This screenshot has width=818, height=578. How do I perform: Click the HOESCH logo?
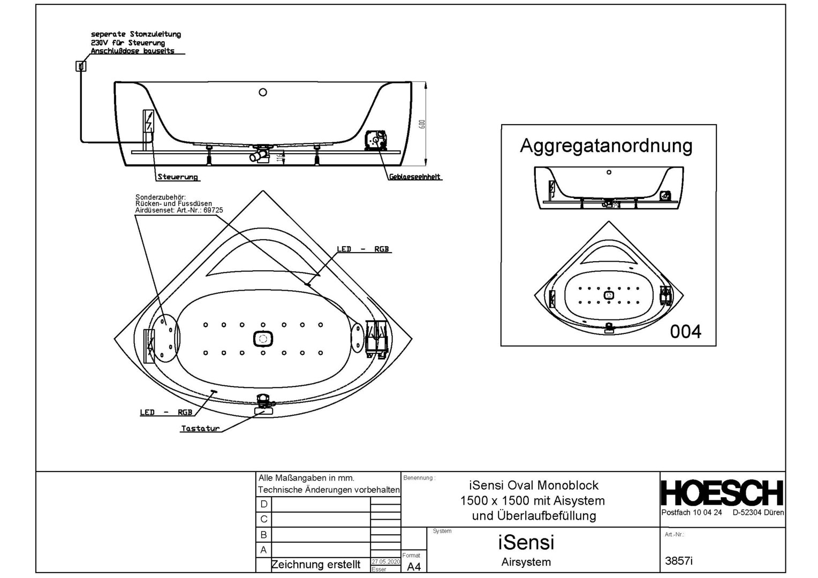[x=722, y=493]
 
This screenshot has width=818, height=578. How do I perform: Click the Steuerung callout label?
[x=177, y=177]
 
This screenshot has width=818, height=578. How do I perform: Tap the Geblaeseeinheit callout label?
[x=415, y=177]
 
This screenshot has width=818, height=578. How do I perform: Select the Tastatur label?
[x=200, y=428]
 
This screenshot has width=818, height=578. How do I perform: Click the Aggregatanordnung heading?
[x=606, y=146]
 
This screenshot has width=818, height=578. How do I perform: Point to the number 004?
[x=685, y=332]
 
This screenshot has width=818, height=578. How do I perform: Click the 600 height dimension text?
[x=422, y=124]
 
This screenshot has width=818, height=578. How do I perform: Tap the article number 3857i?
[x=678, y=561]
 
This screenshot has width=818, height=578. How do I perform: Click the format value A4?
[x=414, y=567]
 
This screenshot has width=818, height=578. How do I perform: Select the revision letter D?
[x=263, y=504]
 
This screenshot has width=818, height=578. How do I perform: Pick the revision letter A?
[x=263, y=550]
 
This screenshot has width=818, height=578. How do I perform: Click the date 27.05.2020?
[x=385, y=562]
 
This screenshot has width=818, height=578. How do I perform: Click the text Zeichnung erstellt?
[x=316, y=565]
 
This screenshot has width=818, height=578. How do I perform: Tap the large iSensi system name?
[x=526, y=543]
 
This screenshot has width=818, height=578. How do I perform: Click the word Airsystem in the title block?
[x=526, y=562]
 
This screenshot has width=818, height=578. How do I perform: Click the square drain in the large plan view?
[x=263, y=339]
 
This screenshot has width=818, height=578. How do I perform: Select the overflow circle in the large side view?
[x=263, y=92]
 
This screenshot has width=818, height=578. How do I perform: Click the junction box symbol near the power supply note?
[x=81, y=66]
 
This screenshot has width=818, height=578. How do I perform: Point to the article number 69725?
[x=213, y=210]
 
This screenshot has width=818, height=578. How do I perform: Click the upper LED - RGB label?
[x=362, y=249]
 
